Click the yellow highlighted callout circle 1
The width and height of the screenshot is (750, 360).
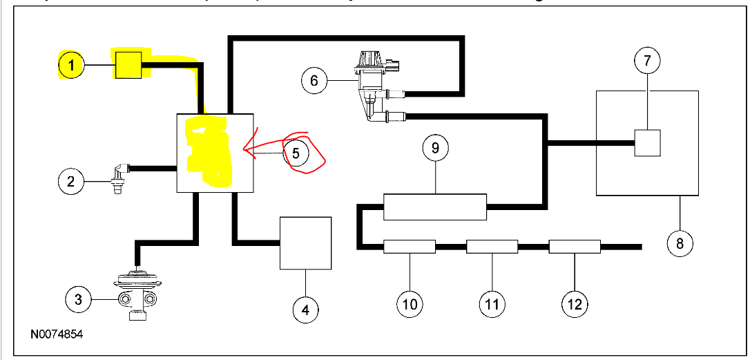71,66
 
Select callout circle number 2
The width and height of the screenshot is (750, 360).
70,182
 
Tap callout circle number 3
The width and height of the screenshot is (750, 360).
79,299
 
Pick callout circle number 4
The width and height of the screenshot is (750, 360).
305,310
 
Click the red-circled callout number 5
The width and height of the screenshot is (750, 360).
296,153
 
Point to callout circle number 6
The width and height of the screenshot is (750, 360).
314,81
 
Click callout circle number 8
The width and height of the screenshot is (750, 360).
680,243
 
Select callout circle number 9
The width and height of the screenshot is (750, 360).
435,148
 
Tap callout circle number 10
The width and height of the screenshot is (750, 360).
410,303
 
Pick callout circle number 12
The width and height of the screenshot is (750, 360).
575,303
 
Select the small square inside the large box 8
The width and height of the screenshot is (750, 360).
648,142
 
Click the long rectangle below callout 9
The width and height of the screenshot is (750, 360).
435,207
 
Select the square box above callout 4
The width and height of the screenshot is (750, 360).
305,243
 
